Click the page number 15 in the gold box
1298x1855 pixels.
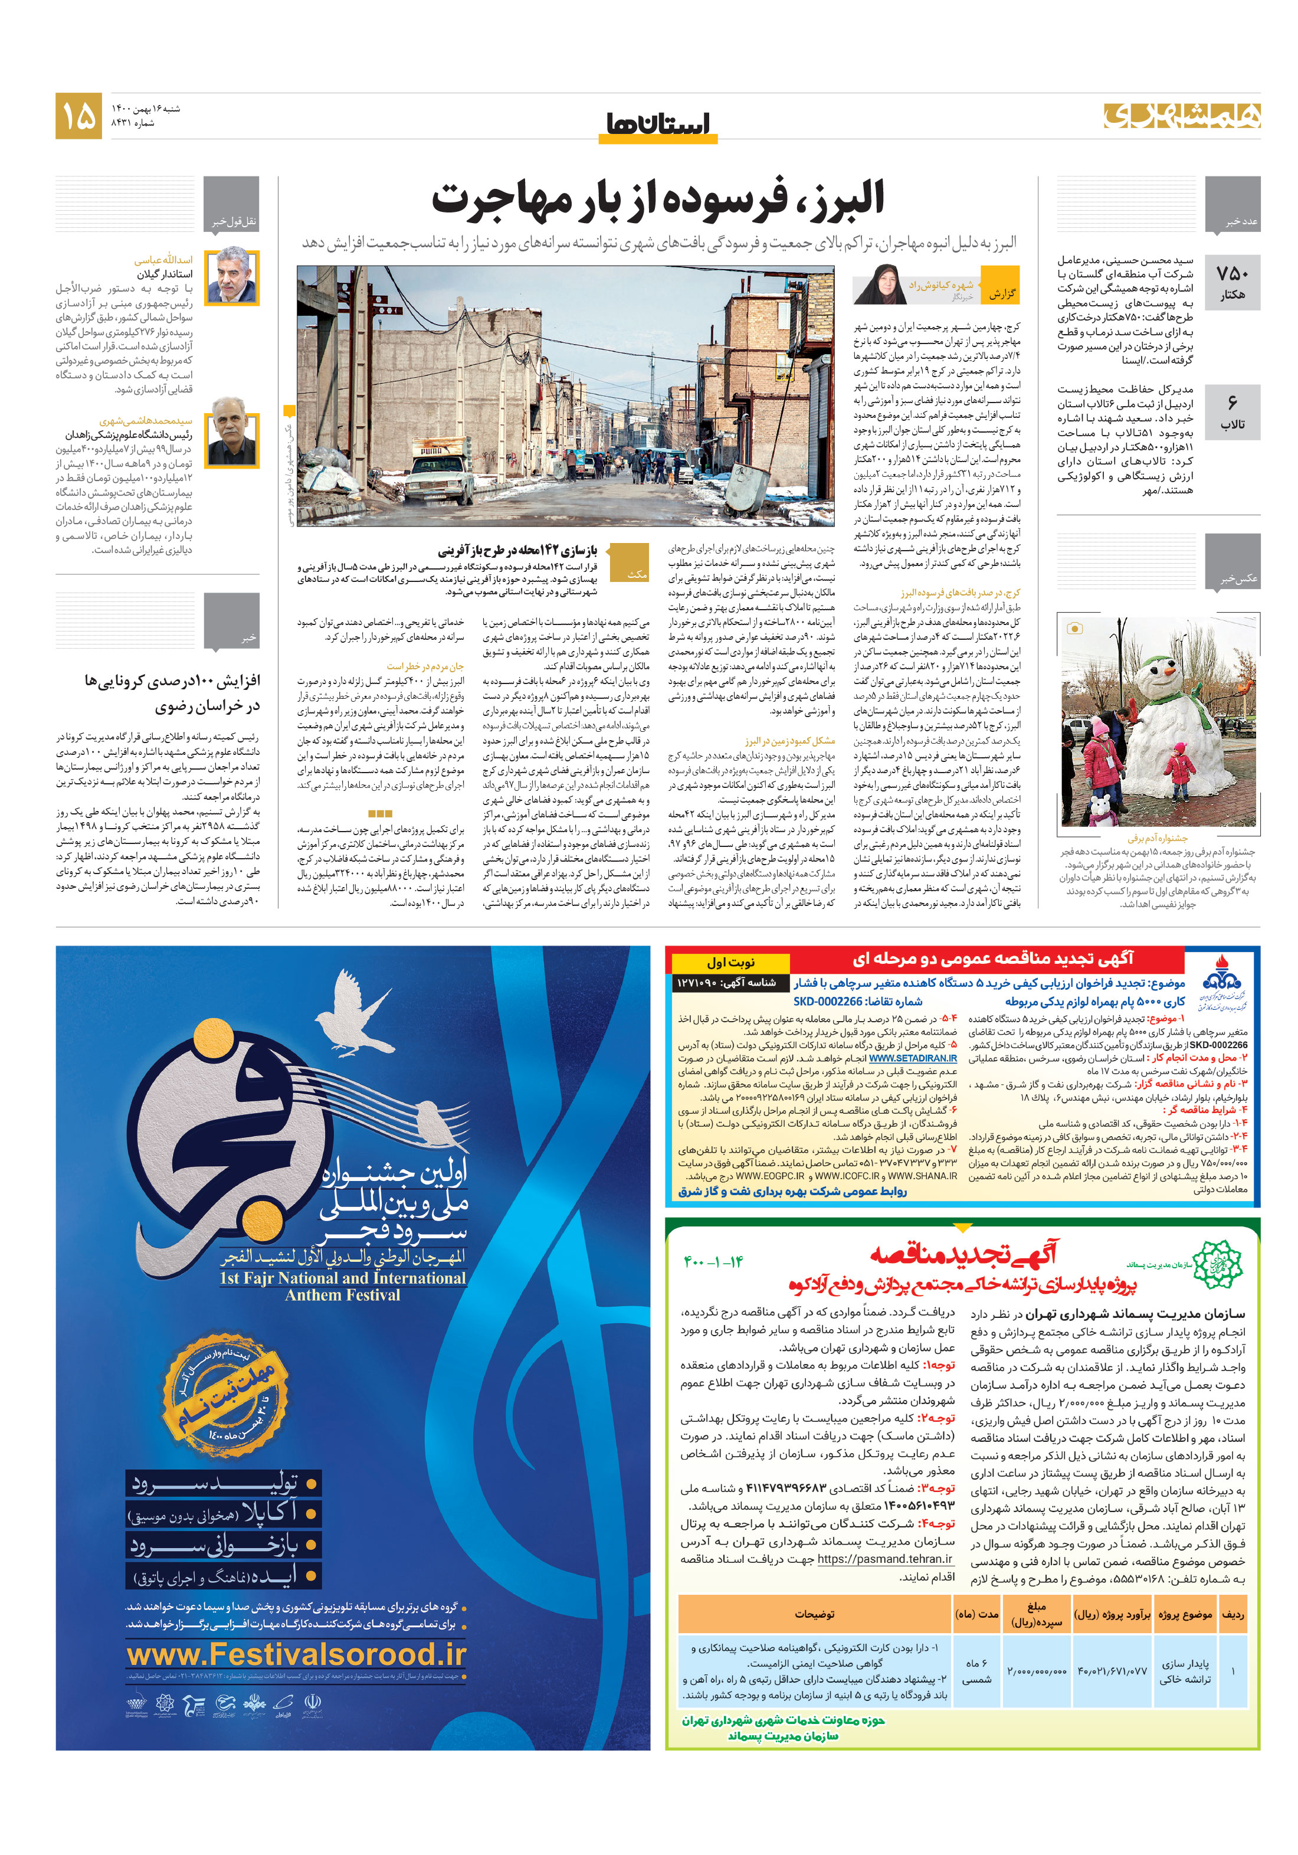[x=78, y=116]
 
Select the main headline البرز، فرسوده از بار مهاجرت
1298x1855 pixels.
[x=657, y=198]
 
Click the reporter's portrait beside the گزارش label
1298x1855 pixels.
[x=879, y=284]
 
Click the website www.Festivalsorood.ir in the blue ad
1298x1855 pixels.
[x=296, y=1654]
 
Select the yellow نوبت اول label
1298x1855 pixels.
[x=730, y=961]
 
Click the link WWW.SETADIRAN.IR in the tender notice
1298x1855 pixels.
[x=912, y=1058]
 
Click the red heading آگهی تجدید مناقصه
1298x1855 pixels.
[x=963, y=1253]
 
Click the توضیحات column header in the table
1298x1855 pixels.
[x=814, y=1614]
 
